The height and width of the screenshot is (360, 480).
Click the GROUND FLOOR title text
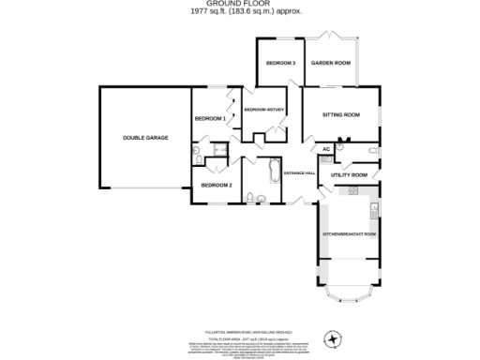click(x=240, y=5)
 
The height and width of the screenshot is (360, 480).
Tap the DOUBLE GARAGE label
click(x=145, y=138)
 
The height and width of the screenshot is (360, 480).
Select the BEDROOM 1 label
click(x=210, y=119)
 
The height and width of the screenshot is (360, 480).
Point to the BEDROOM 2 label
click(x=216, y=185)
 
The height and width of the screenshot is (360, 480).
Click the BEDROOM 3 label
click(x=280, y=63)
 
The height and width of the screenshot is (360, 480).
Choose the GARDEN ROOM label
click(x=331, y=63)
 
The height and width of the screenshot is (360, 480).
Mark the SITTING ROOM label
click(x=341, y=115)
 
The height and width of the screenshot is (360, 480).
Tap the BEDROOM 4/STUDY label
click(x=263, y=111)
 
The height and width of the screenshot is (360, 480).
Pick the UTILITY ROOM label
click(x=347, y=175)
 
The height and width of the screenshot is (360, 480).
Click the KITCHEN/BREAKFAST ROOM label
click(x=349, y=232)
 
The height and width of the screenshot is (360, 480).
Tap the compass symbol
click(x=330, y=338)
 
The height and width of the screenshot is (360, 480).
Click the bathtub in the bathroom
click(x=273, y=172)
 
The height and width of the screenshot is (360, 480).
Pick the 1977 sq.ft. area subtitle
click(x=240, y=12)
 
